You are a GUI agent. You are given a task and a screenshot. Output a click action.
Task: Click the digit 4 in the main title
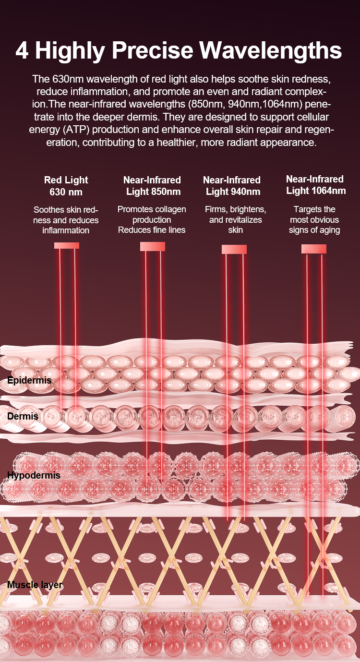(x=22, y=51)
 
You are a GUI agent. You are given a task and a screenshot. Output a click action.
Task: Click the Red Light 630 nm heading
(x=66, y=186)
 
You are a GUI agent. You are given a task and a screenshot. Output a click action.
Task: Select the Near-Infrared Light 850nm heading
(x=152, y=186)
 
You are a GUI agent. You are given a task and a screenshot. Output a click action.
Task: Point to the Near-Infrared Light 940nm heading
(x=232, y=186)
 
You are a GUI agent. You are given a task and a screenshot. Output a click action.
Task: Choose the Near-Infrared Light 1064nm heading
(x=315, y=185)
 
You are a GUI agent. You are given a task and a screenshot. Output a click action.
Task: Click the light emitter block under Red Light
(x=67, y=245)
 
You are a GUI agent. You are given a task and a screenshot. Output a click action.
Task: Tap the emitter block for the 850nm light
(x=153, y=246)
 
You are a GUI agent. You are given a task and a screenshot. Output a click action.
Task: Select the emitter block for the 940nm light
(x=234, y=249)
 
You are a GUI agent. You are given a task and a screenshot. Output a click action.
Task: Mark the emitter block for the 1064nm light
(x=314, y=249)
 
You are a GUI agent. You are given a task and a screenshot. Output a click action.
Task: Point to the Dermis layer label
(x=23, y=416)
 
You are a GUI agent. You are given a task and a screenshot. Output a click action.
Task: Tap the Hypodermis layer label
(x=34, y=476)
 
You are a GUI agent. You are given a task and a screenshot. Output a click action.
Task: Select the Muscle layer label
(x=35, y=585)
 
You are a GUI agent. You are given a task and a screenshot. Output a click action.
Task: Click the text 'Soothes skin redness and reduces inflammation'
(x=66, y=220)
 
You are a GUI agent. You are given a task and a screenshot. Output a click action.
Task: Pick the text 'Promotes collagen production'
(x=152, y=215)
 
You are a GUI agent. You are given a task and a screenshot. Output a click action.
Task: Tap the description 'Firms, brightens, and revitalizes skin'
(x=236, y=220)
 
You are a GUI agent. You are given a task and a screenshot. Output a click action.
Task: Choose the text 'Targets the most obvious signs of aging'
(x=315, y=220)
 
